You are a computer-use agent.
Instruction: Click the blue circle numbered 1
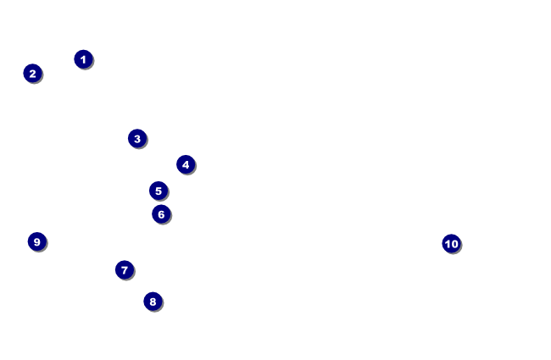click(83, 59)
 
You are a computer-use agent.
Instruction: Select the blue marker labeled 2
click(32, 74)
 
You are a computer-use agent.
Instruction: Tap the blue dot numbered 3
click(137, 138)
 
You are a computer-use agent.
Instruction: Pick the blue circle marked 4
click(186, 164)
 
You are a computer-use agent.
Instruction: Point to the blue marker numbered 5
click(159, 191)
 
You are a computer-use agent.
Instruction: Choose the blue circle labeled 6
click(161, 214)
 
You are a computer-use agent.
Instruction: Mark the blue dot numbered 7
click(125, 270)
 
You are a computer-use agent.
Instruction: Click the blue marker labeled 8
click(153, 302)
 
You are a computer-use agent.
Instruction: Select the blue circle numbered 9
click(36, 241)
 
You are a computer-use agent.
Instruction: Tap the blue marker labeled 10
click(451, 244)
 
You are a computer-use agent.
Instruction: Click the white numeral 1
click(83, 59)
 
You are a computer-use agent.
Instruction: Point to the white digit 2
click(32, 74)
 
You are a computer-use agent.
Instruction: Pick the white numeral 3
click(137, 138)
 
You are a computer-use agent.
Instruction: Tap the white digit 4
click(186, 164)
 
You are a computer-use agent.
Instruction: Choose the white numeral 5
click(159, 191)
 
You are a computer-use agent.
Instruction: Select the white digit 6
click(161, 214)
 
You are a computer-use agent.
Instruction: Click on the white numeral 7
click(125, 270)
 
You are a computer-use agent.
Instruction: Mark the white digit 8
click(153, 302)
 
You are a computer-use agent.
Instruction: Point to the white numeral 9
click(36, 241)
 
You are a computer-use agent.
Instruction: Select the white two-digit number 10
click(451, 244)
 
